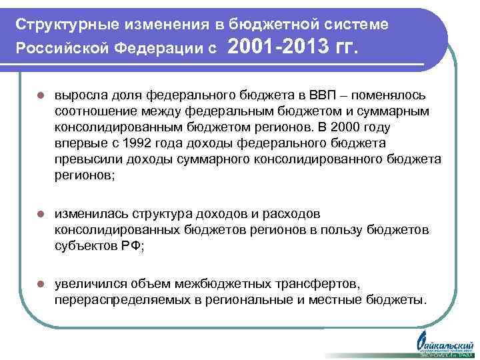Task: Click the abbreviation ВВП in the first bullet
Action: [x=341, y=95]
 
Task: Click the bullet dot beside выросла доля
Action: [x=41, y=96]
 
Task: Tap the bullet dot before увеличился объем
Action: [x=41, y=285]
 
